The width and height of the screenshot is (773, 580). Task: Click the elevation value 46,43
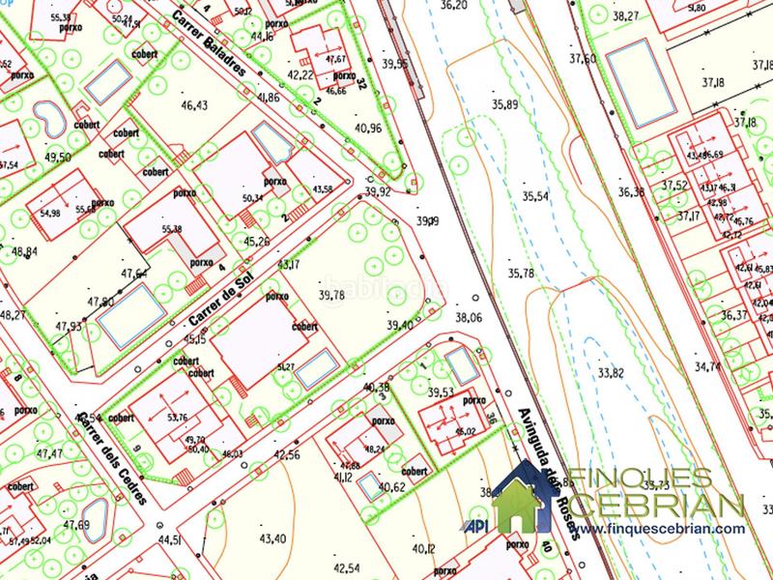pyautogui.click(x=194, y=104)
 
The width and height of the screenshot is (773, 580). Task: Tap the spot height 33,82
pyautogui.click(x=611, y=371)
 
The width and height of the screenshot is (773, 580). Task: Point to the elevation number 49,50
pyautogui.click(x=58, y=157)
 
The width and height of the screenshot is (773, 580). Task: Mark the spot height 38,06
pyautogui.click(x=468, y=316)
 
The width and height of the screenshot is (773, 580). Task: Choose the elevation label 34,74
pyautogui.click(x=707, y=366)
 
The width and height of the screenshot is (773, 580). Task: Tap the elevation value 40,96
pyautogui.click(x=368, y=127)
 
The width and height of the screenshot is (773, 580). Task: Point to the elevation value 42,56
pyautogui.click(x=287, y=453)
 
